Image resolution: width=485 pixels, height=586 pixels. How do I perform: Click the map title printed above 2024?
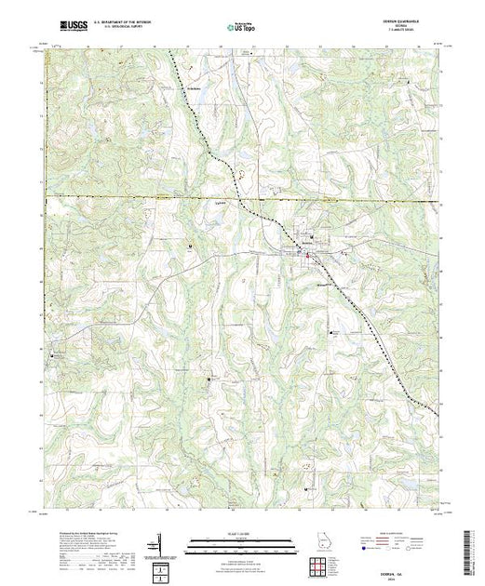pos(410,554)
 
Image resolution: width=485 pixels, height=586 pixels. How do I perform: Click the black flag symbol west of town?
pos(192,246)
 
